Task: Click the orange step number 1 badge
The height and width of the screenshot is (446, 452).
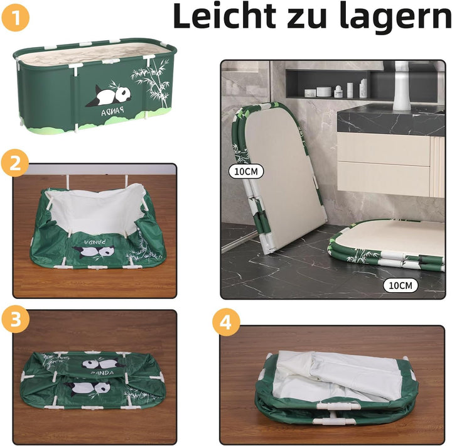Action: tap(16, 18)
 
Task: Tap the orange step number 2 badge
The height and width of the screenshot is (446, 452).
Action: tap(15, 163)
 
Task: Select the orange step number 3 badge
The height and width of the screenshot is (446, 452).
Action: tap(16, 319)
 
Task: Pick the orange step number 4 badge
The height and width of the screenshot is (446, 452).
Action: tap(226, 322)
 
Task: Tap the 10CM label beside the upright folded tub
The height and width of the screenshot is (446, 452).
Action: tap(246, 171)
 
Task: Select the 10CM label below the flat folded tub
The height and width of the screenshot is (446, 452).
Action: tap(401, 285)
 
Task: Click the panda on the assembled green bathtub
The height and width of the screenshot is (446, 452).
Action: tap(109, 95)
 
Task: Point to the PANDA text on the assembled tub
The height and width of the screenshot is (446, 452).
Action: tap(113, 111)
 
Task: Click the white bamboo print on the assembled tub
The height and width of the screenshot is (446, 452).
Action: tap(151, 81)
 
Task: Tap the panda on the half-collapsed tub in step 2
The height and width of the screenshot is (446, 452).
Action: tap(94, 251)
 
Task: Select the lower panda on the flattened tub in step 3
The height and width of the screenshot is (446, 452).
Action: tap(87, 388)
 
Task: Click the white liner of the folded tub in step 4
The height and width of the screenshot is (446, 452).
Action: tap(336, 375)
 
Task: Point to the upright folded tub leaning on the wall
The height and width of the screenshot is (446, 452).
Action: tap(277, 177)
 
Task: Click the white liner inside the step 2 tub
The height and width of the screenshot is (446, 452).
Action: tap(95, 208)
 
